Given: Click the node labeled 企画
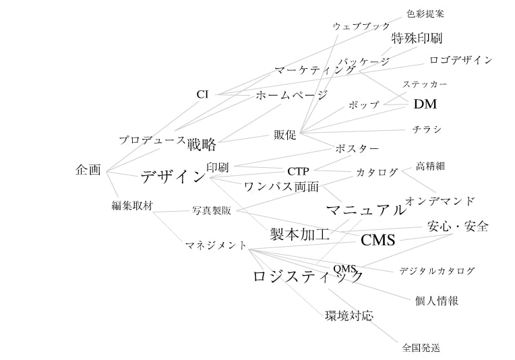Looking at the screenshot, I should [x=88, y=170].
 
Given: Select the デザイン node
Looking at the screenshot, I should [x=173, y=177].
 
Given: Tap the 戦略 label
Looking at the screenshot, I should [x=202, y=144].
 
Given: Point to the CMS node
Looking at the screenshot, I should [x=378, y=240].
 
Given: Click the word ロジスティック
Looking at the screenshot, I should [x=308, y=276].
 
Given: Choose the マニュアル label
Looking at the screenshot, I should [x=366, y=210].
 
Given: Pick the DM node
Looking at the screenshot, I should [x=425, y=104].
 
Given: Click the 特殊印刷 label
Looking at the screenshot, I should [x=417, y=38].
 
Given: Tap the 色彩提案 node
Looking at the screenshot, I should [x=425, y=13].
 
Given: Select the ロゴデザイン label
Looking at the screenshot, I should [x=460, y=60].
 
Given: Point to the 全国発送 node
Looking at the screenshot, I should [x=421, y=348].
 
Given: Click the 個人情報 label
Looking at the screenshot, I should [x=437, y=301].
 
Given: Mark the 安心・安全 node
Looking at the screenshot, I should [x=458, y=226].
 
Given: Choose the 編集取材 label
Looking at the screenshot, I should [x=131, y=206].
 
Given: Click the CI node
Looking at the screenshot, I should [x=202, y=94].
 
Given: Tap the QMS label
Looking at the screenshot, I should [x=344, y=269].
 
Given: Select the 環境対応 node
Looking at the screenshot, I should [x=349, y=316].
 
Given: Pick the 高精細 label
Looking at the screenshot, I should [x=430, y=166].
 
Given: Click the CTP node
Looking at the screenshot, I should [x=298, y=171].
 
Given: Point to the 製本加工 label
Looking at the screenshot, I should [x=299, y=235].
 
